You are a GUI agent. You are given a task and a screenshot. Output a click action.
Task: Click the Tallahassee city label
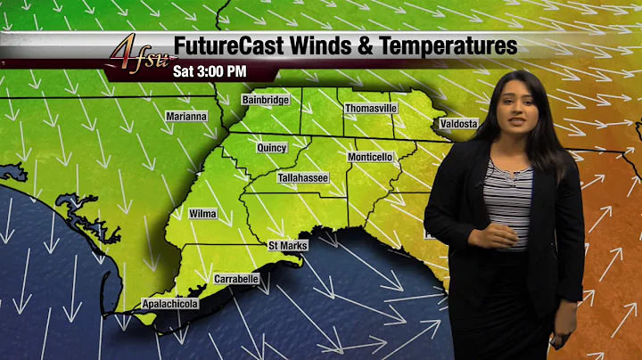[303, 178]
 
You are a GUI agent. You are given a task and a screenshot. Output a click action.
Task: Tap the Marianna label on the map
[186, 116]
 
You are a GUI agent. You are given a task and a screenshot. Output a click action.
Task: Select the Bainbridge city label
[266, 100]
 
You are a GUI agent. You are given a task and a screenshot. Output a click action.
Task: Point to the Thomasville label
[371, 108]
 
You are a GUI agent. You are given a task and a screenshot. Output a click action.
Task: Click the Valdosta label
[457, 123]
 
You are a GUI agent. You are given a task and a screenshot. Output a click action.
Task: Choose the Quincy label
[271, 147]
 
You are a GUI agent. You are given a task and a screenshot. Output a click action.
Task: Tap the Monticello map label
[370, 157]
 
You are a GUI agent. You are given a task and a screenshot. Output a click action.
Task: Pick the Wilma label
[202, 214]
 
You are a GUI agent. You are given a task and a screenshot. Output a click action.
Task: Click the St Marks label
[288, 244]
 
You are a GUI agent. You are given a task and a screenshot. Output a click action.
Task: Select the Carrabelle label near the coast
[236, 279]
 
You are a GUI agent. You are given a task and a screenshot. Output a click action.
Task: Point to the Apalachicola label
[170, 305]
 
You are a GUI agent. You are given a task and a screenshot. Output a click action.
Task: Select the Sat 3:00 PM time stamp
[210, 70]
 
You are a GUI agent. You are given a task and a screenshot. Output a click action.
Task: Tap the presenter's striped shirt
[510, 200]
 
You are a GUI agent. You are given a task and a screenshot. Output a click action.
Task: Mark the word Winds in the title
[311, 45]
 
